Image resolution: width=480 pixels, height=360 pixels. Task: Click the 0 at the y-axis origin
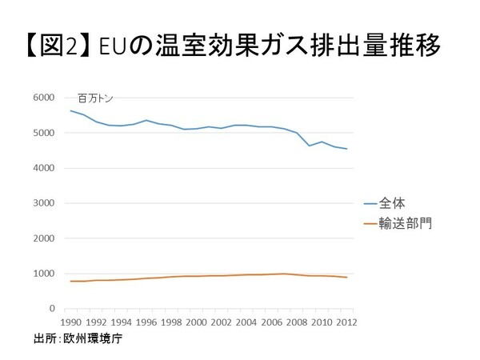click(x=50, y=309)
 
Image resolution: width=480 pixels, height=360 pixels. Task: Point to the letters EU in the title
click(x=118, y=46)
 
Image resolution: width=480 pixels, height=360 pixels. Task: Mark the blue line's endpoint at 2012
click(x=346, y=149)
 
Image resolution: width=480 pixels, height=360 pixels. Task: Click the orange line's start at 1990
click(x=71, y=281)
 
